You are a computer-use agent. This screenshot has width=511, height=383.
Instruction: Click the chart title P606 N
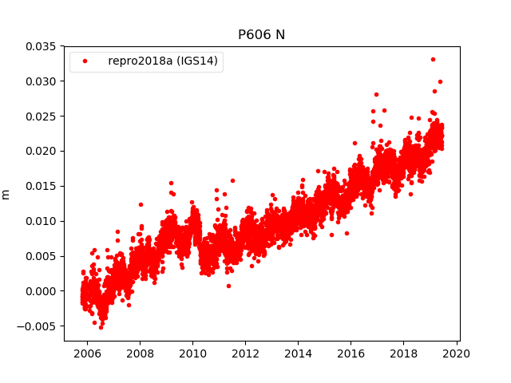(x=261, y=34)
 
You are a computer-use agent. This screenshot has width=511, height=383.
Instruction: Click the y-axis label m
(x=6, y=193)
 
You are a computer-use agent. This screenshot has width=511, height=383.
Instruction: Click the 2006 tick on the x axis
(x=86, y=353)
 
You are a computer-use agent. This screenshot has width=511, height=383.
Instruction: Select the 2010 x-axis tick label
(x=192, y=353)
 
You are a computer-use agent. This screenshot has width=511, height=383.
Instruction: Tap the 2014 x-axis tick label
(x=298, y=353)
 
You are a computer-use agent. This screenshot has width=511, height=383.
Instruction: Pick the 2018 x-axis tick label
(x=404, y=353)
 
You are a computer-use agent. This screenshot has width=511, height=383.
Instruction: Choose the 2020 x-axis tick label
(x=457, y=353)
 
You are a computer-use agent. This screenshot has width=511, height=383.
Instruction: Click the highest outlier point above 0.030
(x=433, y=59)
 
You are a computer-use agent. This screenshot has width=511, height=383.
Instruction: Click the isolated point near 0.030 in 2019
(x=440, y=81)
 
